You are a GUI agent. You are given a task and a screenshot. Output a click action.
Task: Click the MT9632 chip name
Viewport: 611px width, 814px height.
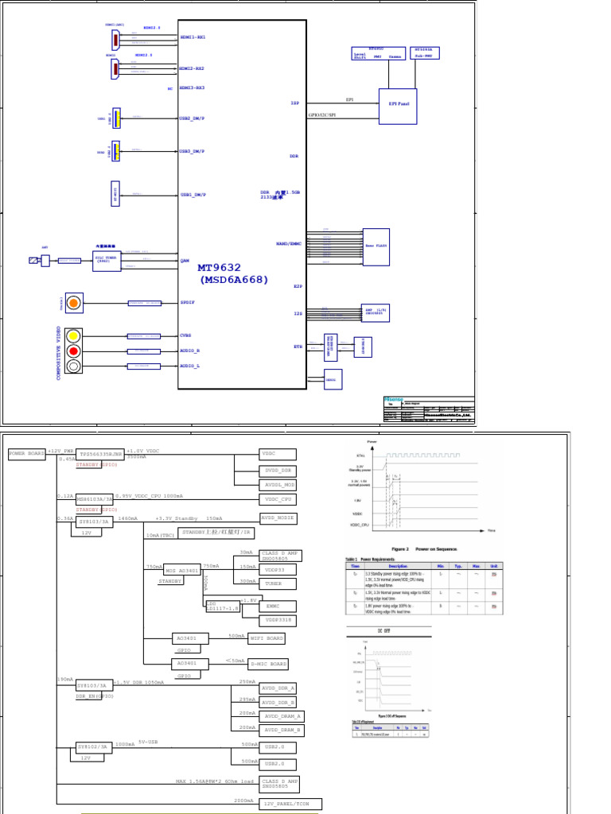click(x=219, y=269)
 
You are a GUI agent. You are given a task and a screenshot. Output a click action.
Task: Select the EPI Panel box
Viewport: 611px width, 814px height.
click(x=397, y=107)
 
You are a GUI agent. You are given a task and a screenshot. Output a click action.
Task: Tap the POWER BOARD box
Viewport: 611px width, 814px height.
click(x=27, y=454)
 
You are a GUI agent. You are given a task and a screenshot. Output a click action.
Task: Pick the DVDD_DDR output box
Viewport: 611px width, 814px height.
click(x=278, y=471)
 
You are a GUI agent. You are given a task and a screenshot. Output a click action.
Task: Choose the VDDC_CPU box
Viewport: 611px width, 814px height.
click(x=278, y=499)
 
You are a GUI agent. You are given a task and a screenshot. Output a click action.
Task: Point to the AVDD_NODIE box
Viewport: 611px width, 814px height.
click(x=278, y=518)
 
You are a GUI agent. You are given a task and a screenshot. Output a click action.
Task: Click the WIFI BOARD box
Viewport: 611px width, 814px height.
click(x=266, y=638)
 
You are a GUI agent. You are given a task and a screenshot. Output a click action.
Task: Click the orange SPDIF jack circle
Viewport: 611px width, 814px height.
click(x=73, y=303)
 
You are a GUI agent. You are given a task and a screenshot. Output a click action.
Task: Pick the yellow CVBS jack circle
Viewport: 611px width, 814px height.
click(x=73, y=335)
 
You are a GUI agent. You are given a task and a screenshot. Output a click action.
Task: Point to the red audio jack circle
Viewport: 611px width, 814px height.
click(x=73, y=351)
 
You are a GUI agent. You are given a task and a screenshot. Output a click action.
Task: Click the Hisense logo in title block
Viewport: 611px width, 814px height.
click(x=395, y=400)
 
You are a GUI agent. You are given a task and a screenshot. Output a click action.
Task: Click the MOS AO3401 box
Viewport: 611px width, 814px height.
click(x=182, y=571)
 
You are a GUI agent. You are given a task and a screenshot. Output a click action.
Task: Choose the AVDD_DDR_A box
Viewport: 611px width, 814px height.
click(x=282, y=688)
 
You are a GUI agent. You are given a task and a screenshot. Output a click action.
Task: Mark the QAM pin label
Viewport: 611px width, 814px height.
click(x=185, y=261)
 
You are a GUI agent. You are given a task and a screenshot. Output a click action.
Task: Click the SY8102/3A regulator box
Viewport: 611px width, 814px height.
click(x=93, y=746)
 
